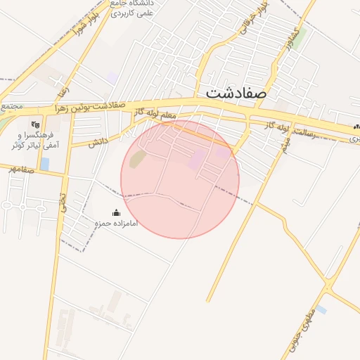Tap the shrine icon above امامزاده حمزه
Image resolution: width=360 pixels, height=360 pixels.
pos(117,212)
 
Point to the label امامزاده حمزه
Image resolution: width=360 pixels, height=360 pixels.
pos(117,223)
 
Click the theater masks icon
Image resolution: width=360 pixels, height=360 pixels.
pos(34,124)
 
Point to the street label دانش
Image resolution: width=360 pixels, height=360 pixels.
pos(98,142)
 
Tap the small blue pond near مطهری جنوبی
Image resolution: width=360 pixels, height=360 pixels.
pos(321,309)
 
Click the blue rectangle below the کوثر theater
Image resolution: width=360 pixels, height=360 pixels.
pos(45,164)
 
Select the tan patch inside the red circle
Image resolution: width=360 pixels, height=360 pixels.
pos(138,159)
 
